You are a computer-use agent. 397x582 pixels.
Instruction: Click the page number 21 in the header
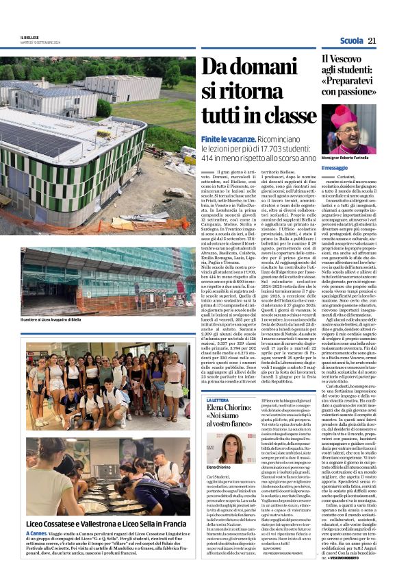click(372, 41)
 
